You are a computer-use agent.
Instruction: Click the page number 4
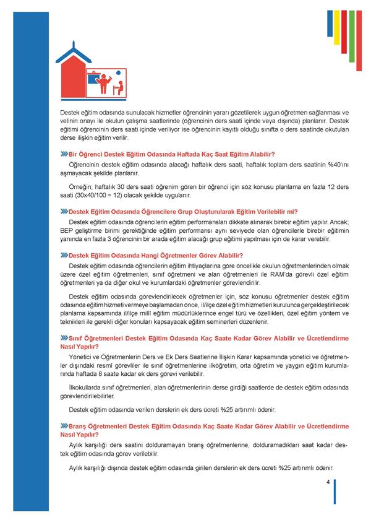(x=328, y=482)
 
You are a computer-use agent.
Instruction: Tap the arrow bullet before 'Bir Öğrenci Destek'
(x=64, y=154)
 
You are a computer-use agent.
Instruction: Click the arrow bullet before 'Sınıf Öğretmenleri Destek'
(x=64, y=338)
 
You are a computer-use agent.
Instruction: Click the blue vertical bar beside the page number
(x=335, y=492)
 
